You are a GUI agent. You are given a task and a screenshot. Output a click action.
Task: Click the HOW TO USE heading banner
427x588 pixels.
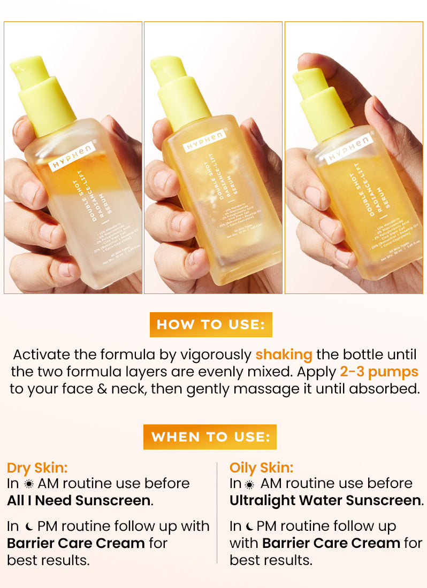pos(211,325)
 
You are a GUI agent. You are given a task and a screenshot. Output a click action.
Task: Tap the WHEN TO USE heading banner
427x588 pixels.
pos(210,437)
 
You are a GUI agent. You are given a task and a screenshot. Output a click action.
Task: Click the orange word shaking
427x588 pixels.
pos(284,355)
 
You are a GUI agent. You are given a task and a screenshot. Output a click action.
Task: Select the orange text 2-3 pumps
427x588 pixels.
pos(379,372)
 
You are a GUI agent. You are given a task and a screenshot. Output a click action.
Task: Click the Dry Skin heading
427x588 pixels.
pos(37,468)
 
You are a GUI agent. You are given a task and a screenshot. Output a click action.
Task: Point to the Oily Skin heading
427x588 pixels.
pos(262,468)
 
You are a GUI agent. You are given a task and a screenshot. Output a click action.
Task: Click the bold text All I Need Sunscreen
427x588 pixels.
pos(79,501)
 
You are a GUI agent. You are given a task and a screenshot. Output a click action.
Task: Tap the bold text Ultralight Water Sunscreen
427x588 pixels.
pos(325,501)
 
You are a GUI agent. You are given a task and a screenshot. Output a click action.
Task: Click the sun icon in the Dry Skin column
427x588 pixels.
pos(28,484)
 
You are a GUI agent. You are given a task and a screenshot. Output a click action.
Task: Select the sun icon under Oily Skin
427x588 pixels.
pos(249,484)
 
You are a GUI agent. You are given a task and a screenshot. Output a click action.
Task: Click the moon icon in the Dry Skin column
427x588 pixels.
pos(28,527)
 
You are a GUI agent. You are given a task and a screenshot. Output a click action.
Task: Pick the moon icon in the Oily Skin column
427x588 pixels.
pos(249,527)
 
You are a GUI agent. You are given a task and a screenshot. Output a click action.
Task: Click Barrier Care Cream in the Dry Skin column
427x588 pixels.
pos(76,544)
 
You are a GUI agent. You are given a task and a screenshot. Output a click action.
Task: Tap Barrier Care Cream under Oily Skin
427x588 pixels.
pos(331,544)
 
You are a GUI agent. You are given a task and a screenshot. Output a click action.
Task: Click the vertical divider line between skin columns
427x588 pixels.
pos(217,513)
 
